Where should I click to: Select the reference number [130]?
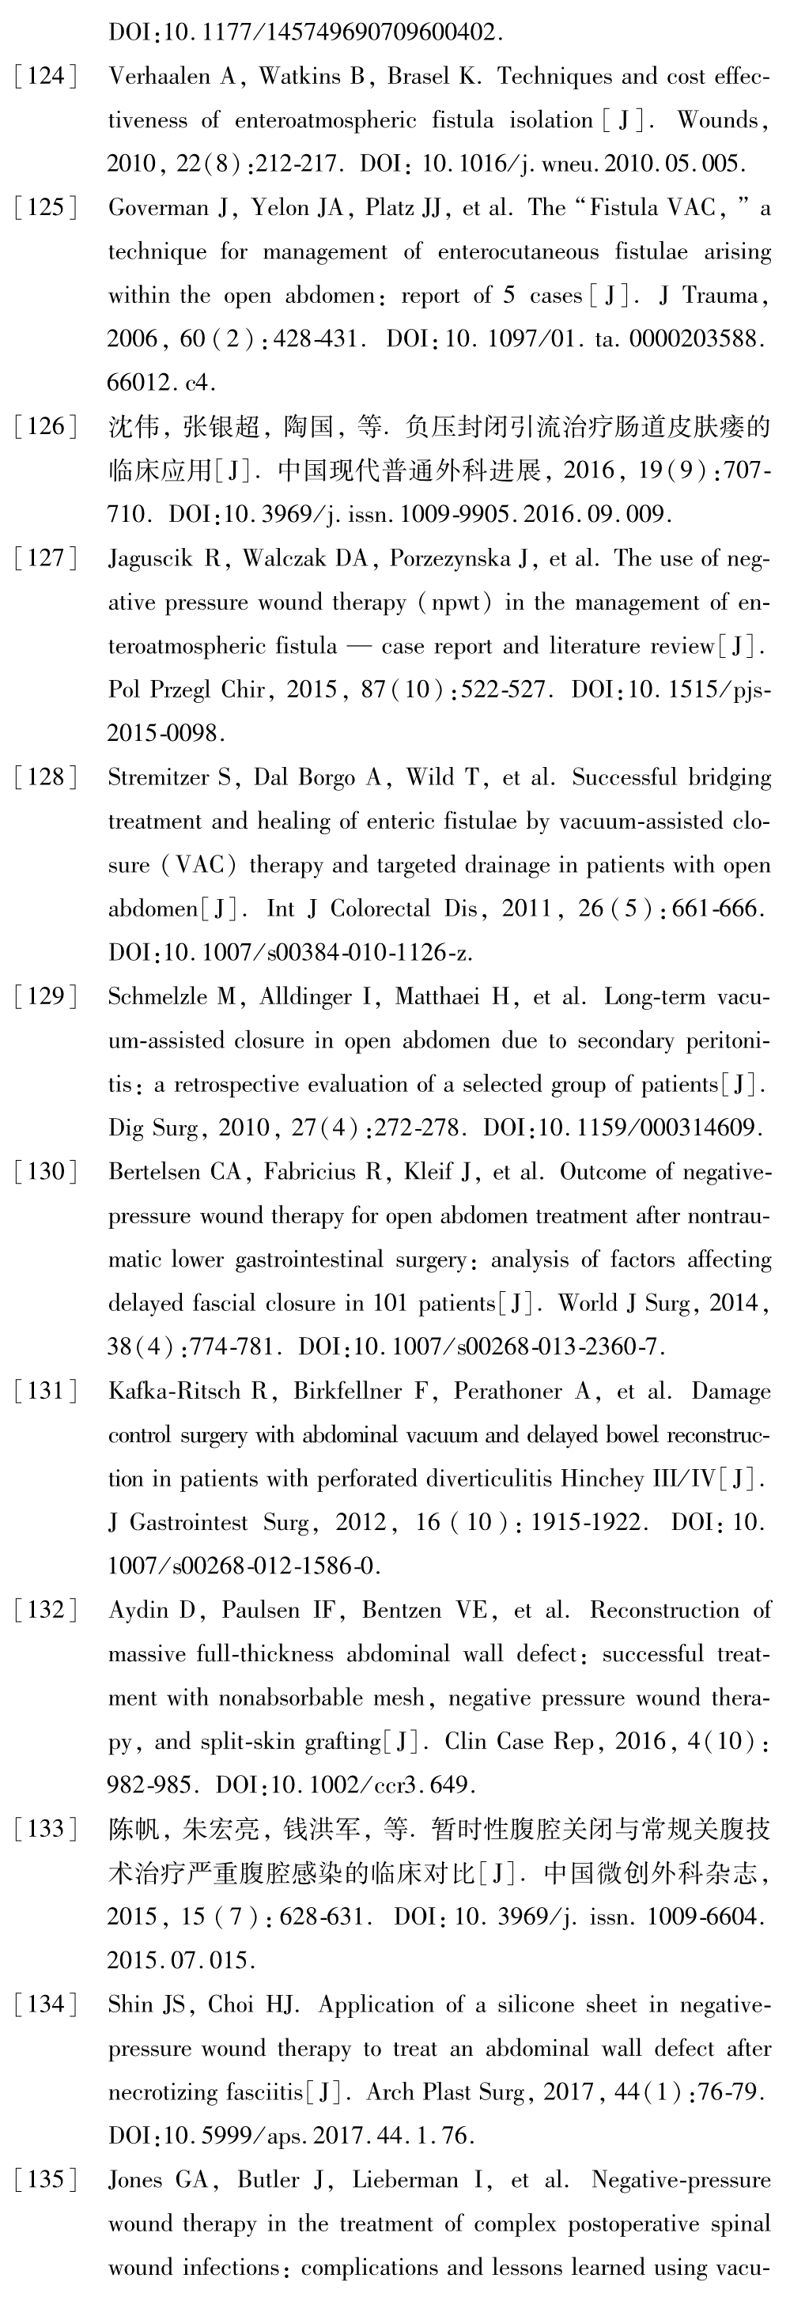(46, 1172)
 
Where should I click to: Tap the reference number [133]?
(46, 1829)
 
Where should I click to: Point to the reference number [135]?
(46, 2180)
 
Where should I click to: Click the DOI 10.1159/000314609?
(650, 1128)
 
